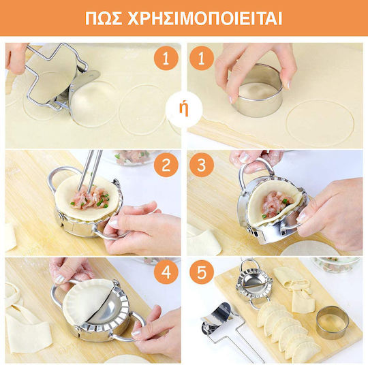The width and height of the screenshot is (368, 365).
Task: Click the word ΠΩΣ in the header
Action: [x=104, y=18]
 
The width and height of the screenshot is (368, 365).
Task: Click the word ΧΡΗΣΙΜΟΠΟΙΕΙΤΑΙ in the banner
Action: [x=204, y=18]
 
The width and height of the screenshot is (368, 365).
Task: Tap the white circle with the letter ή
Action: [x=184, y=110]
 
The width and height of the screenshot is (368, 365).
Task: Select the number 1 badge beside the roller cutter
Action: [x=166, y=58]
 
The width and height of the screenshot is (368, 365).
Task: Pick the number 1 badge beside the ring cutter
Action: [x=202, y=58]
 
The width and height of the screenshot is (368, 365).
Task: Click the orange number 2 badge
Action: [x=166, y=165]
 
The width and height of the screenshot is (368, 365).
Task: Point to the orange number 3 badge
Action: [x=202, y=165]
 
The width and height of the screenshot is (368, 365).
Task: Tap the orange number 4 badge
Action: [x=166, y=272]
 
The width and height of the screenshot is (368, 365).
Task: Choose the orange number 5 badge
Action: [x=202, y=272]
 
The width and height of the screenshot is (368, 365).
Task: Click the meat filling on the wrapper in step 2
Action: [x=91, y=198]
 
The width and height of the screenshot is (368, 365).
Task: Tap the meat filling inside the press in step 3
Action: [x=277, y=204]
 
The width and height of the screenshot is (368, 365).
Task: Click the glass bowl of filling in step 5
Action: [x=335, y=265]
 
